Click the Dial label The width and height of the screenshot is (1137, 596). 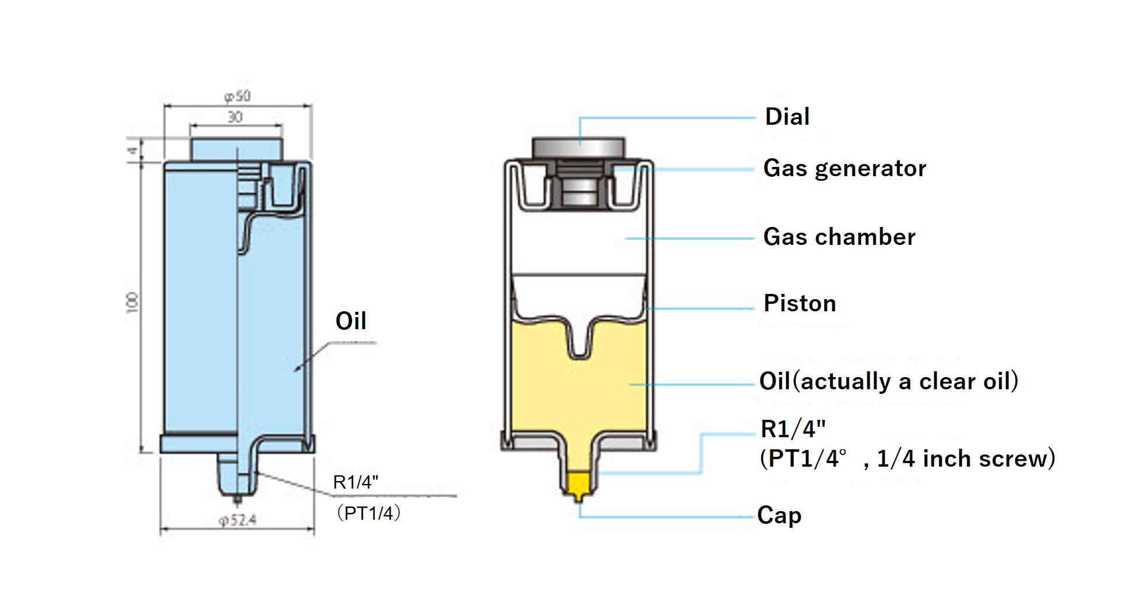787,117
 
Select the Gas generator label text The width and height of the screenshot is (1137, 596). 844,169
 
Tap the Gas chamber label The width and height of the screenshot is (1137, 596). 839,237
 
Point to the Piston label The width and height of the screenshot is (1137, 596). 799,303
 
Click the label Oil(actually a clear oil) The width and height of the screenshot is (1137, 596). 889,381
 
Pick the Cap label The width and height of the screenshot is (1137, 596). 779,515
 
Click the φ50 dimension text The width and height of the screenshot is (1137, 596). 237,96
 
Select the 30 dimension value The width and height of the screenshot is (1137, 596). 235,117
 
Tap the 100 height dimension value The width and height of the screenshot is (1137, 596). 133,303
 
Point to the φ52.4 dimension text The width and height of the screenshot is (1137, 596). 237,520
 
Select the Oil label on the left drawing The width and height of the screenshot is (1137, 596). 351,321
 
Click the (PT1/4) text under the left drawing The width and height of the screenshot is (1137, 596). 368,513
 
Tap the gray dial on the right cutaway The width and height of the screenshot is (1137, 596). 578,147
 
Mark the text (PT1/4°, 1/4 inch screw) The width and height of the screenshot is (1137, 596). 907,459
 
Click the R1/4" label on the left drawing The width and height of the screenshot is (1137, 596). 356,482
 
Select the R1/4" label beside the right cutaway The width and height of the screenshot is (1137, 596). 793,429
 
